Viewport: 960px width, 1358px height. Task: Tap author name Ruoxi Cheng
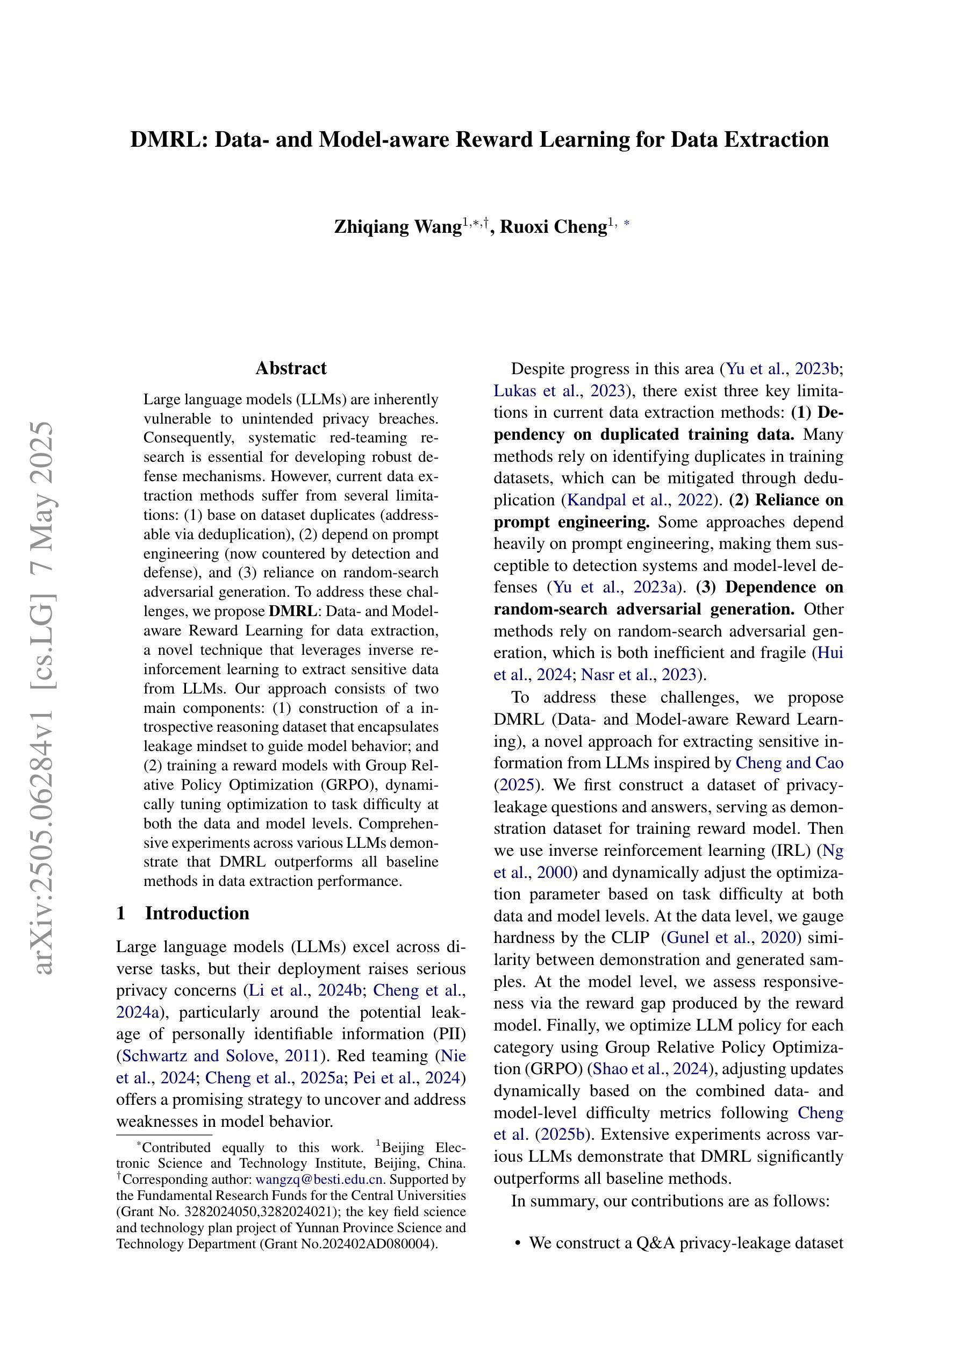click(553, 226)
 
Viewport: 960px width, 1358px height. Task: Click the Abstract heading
click(291, 368)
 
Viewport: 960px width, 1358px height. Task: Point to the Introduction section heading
click(197, 913)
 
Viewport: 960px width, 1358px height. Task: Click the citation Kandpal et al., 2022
click(640, 501)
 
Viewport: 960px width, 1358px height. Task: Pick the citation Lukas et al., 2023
click(560, 391)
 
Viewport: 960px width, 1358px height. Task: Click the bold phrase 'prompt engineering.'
click(571, 522)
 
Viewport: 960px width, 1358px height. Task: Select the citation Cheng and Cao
click(789, 762)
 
